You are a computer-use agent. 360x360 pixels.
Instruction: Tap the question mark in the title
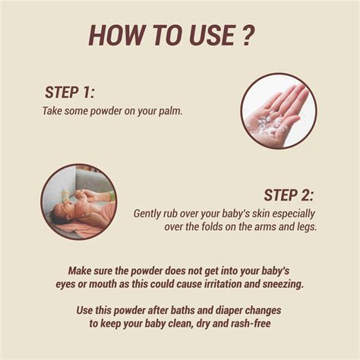click(x=248, y=35)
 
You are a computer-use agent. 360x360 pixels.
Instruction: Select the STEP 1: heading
click(x=70, y=93)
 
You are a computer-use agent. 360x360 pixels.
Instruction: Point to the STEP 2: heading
click(x=289, y=195)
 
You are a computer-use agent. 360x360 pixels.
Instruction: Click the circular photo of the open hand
click(x=278, y=111)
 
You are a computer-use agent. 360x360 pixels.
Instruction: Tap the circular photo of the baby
click(x=78, y=202)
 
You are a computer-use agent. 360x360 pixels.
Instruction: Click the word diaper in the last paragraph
click(x=203, y=310)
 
